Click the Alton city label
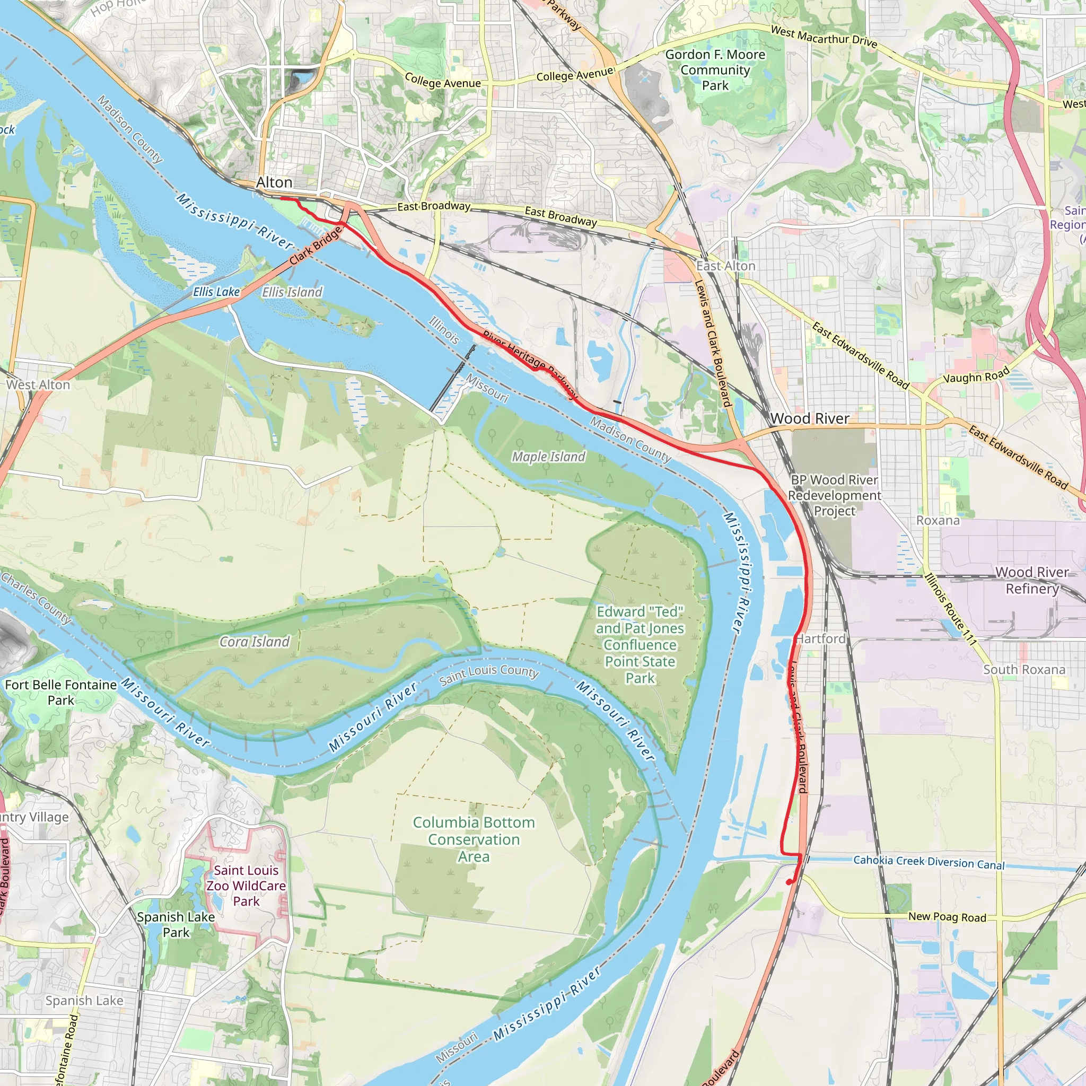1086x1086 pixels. (274, 183)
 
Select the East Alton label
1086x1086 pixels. (726, 266)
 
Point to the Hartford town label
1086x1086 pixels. (821, 638)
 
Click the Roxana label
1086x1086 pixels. (938, 521)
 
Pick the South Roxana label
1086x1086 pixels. (1023, 670)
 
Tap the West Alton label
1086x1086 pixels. (38, 385)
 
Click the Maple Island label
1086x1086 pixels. (548, 457)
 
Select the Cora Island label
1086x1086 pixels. (254, 642)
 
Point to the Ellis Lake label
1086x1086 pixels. (216, 292)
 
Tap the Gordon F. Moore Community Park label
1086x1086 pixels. (715, 71)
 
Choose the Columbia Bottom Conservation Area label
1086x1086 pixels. (474, 839)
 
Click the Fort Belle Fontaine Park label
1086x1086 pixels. (60, 693)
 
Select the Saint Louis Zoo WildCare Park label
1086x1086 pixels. (246, 886)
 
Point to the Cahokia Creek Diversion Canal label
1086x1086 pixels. (929, 862)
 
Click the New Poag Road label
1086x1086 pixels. (947, 917)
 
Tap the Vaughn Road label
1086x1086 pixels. (976, 375)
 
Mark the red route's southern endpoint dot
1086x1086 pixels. (789, 882)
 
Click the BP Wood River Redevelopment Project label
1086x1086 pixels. (834, 495)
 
